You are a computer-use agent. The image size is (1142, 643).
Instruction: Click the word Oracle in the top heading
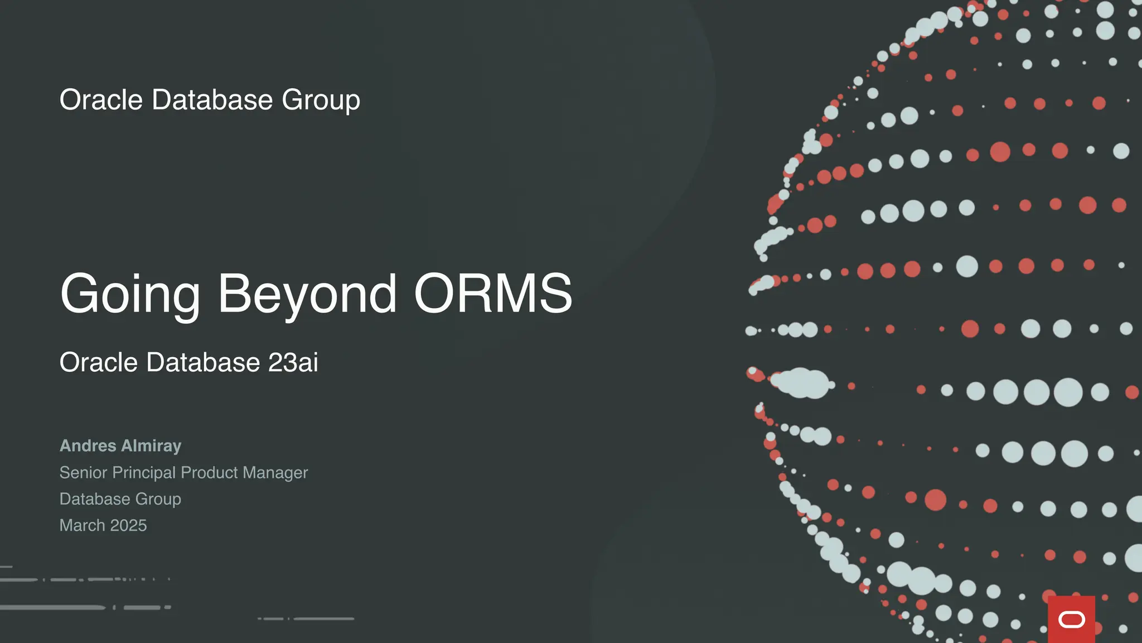tap(101, 100)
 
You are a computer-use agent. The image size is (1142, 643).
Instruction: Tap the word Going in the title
tap(130, 294)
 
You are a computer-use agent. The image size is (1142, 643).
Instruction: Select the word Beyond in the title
tap(307, 294)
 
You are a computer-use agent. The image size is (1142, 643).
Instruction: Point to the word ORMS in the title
tap(493, 294)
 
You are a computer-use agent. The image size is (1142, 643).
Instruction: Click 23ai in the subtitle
tap(293, 362)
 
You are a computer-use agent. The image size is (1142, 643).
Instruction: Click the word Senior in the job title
tap(83, 473)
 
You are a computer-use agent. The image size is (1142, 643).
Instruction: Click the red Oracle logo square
tap(1071, 619)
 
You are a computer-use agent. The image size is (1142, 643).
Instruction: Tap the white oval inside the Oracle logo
tap(1071, 620)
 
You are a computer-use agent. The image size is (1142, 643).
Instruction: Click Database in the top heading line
tap(212, 100)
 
